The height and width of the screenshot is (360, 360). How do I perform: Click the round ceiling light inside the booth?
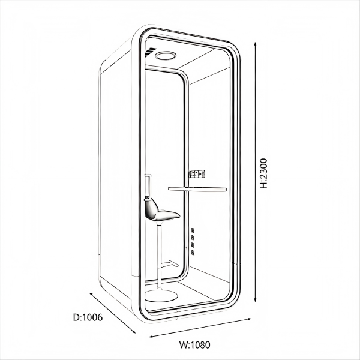pyautogui.click(x=164, y=56)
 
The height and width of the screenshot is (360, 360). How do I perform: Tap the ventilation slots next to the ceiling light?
pyautogui.click(x=149, y=52)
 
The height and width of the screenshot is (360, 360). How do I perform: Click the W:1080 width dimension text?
pyautogui.click(x=194, y=344)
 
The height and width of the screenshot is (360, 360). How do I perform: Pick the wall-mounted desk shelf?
pyautogui.click(x=197, y=189)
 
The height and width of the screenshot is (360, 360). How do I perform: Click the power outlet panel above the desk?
pyautogui.click(x=198, y=175)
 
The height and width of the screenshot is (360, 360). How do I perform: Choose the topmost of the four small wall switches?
pyautogui.click(x=193, y=230)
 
